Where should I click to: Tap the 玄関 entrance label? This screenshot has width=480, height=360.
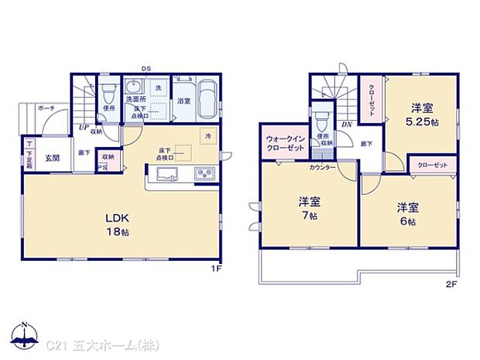(51, 158)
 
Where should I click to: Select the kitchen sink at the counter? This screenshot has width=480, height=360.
(170, 172)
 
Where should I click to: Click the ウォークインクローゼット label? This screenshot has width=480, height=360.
(286, 142)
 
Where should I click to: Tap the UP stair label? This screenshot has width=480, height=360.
(81, 129)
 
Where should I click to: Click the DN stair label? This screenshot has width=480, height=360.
(348, 124)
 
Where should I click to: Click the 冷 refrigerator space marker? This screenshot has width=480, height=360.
(208, 137)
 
